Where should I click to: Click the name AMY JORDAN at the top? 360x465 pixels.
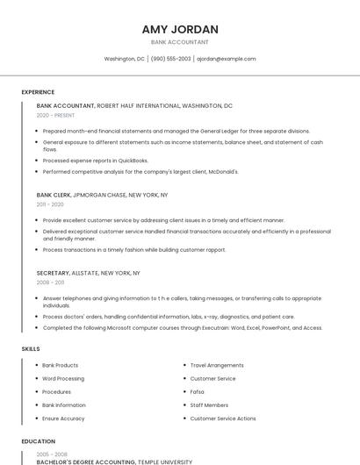(x=180, y=29)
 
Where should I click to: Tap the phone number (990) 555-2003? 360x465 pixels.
(x=170, y=59)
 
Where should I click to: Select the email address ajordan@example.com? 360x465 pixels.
(x=226, y=59)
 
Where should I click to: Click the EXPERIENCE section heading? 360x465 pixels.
(x=38, y=92)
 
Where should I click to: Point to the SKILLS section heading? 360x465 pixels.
(x=31, y=349)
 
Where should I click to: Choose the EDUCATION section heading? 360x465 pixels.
(x=39, y=441)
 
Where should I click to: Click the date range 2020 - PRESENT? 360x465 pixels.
(x=55, y=115)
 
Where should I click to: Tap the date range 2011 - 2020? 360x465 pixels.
(x=50, y=204)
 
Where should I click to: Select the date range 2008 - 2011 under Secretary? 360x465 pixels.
(x=50, y=283)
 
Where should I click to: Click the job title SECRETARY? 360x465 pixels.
(x=53, y=273)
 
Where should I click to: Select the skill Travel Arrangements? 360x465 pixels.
(x=217, y=365)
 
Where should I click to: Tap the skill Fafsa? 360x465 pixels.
(x=198, y=392)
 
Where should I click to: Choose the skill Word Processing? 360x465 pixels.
(x=63, y=378)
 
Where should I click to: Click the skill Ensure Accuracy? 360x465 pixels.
(x=63, y=418)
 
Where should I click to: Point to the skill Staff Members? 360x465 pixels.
(x=209, y=405)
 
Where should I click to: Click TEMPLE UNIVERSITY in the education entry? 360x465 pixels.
(x=164, y=461)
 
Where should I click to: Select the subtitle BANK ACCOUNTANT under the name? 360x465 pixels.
(x=180, y=41)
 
